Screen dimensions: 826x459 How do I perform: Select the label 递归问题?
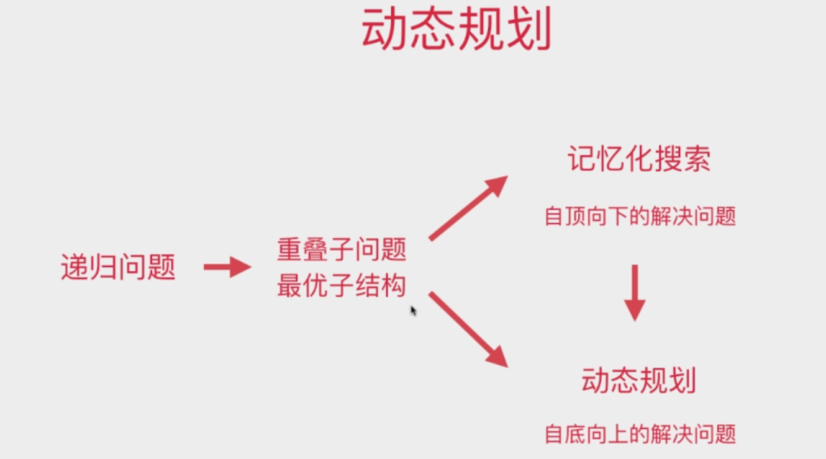pos(118,267)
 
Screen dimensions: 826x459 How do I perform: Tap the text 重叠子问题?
pos(342,251)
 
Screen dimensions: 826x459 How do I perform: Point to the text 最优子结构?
pos(342,286)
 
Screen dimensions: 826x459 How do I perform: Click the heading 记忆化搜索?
pos(639,159)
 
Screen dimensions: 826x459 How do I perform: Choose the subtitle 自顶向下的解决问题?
pos(640,216)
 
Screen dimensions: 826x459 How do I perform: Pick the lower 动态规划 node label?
pos(639,380)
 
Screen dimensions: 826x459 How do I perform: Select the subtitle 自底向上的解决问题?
pos(640,434)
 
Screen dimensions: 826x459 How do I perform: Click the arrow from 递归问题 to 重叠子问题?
pos(227,267)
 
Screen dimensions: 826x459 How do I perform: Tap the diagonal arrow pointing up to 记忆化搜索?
pos(468,208)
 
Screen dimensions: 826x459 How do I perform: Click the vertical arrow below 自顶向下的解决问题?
pos(635,292)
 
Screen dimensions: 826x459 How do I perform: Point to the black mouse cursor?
pos(413,310)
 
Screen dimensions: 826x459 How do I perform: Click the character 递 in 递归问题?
pos(75,267)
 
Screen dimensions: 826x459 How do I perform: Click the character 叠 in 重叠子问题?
pos(315,251)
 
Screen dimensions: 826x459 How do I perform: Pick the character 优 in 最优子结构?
pos(315,286)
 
